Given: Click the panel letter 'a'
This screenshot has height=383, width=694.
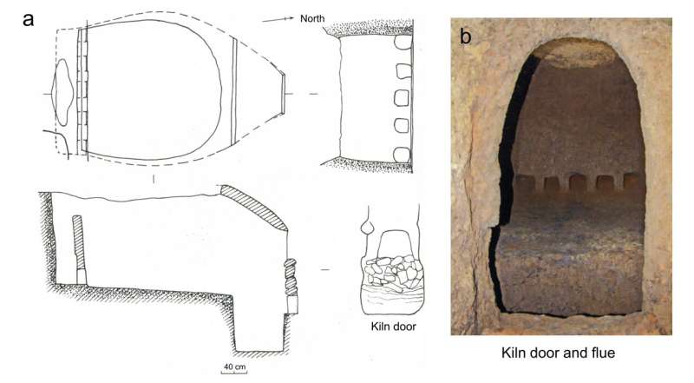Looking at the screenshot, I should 29,17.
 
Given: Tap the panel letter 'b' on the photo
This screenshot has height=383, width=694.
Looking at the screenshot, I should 466,36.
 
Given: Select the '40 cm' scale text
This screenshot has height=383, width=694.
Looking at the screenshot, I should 234,367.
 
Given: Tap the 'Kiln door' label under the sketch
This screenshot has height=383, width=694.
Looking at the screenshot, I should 390,327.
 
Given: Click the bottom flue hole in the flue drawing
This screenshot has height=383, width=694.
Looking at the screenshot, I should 403,154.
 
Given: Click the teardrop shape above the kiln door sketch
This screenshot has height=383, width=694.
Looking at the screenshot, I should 368,228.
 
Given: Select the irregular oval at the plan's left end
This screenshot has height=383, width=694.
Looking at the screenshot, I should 63,91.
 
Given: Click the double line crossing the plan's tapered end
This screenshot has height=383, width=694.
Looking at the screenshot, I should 235,93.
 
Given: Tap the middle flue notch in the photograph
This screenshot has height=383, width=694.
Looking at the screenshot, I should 574,183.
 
